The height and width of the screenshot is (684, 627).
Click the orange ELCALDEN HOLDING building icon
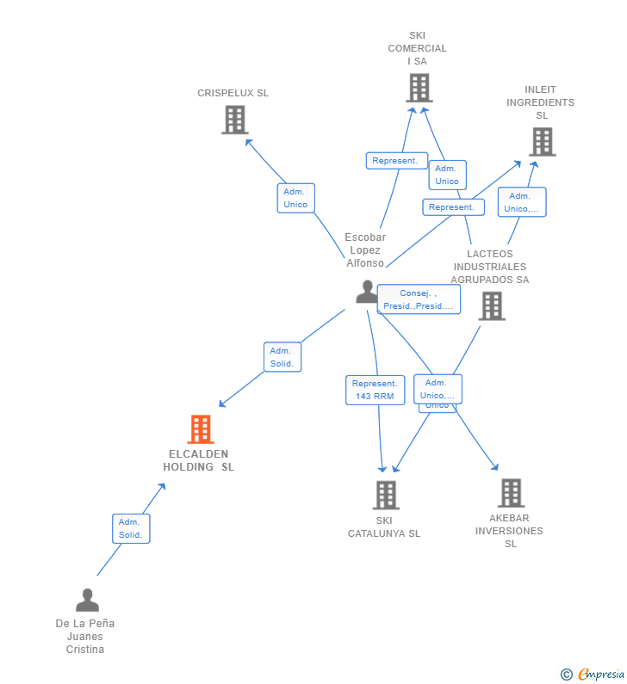[200, 429]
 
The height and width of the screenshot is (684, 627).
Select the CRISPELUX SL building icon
[234, 120]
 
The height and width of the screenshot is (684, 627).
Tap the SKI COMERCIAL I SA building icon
[419, 88]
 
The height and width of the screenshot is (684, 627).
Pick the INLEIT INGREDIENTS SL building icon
[542, 141]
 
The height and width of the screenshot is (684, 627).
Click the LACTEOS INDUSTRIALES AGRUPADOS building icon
[491, 305]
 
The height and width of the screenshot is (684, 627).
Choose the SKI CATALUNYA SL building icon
[385, 495]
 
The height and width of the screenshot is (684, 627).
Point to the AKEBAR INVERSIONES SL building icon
[510, 493]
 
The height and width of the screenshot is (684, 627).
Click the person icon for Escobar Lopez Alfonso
[367, 292]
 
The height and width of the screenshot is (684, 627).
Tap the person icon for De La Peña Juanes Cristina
[87, 600]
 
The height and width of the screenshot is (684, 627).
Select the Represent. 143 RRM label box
[375, 390]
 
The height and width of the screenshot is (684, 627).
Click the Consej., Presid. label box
[419, 299]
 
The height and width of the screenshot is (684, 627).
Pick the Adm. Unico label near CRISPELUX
[295, 198]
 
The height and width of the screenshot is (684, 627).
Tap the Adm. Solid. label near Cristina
[130, 528]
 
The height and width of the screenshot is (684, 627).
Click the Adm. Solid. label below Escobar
[282, 357]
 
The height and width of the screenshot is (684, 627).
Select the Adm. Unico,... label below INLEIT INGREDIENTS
[521, 202]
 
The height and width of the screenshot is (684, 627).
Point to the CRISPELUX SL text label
[233, 93]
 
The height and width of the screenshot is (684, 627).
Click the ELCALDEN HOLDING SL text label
[198, 460]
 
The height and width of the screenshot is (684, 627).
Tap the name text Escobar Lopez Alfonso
[365, 250]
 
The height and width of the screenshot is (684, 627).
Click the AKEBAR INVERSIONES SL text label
[510, 531]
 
